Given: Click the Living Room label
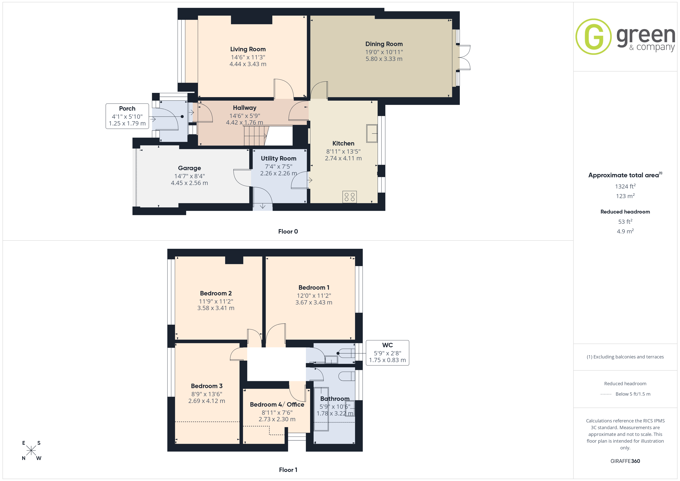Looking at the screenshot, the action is click(x=248, y=49).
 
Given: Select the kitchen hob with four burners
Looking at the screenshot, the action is click(x=349, y=197).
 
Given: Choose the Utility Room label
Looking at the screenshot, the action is click(x=278, y=158).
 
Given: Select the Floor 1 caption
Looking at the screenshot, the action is click(x=288, y=470).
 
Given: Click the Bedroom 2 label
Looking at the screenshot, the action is click(x=216, y=293).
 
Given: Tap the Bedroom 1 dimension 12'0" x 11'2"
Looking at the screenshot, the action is click(x=314, y=296).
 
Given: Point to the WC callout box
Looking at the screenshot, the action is click(x=387, y=353).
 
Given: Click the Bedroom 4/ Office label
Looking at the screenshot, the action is click(x=277, y=404).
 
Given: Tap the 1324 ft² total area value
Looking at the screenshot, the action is click(x=625, y=186).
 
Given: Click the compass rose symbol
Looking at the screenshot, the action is click(x=31, y=451).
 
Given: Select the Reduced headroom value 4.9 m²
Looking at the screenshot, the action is click(x=625, y=231).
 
